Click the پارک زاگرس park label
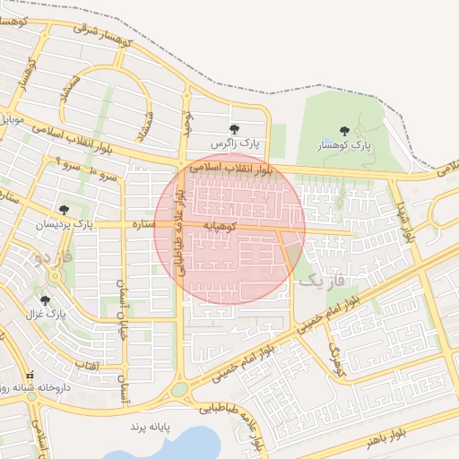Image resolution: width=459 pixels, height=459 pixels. (234, 143)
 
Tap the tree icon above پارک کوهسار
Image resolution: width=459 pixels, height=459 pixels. (344, 131)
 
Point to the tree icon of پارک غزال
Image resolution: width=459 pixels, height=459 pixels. (45, 300)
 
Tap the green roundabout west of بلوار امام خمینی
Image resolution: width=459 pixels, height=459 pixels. (180, 390)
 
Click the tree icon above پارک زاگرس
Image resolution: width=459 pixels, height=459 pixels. (235, 129)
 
